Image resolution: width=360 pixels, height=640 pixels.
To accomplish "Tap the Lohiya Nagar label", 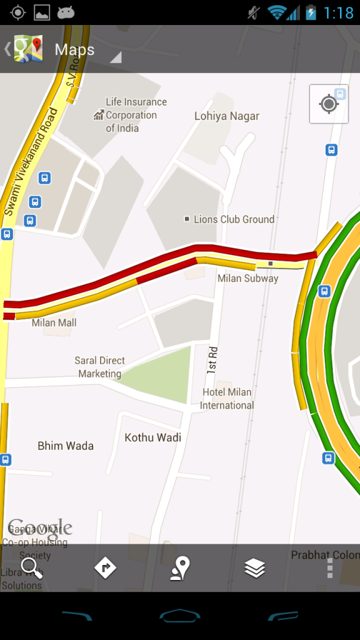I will click(x=226, y=116).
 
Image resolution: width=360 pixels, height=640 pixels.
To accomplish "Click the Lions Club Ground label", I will click(x=234, y=219).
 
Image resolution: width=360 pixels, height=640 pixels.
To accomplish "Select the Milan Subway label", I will click(x=247, y=278).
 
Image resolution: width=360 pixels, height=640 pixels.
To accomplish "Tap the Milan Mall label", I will click(x=54, y=322).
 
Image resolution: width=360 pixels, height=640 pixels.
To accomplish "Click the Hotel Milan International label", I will click(x=227, y=399).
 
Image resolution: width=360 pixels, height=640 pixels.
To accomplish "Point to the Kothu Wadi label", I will click(x=153, y=437).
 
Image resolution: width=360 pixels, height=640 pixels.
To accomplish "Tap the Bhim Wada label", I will click(x=66, y=446).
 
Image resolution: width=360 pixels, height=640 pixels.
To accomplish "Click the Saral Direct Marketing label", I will click(x=100, y=367).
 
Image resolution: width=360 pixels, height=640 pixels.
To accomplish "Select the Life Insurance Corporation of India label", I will click(x=135, y=115).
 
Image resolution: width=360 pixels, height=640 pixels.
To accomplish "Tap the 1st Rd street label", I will click(x=213, y=360).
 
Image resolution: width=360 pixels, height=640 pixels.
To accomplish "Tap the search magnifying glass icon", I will click(x=31, y=568).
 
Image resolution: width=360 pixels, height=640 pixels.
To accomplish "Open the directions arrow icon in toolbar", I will click(x=105, y=568).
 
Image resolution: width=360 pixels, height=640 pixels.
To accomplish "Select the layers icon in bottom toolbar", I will click(x=255, y=568).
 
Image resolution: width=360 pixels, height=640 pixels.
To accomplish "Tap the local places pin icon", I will click(x=180, y=568).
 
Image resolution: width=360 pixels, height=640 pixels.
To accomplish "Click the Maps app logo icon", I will click(x=28, y=49).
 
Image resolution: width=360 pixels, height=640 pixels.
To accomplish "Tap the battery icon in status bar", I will click(x=311, y=12).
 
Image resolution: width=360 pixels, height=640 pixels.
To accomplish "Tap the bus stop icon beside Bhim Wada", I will click(x=6, y=460).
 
